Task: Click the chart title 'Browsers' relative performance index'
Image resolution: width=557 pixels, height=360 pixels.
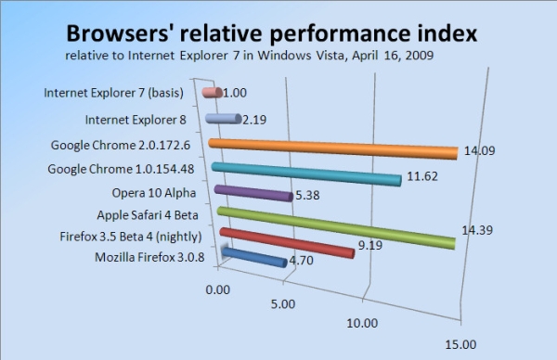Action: (x=270, y=34)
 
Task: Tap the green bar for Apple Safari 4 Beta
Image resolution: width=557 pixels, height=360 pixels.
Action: (x=334, y=228)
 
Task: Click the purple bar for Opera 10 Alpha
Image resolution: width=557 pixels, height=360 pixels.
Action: (x=251, y=194)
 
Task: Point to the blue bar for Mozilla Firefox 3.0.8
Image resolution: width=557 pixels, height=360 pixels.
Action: (x=253, y=257)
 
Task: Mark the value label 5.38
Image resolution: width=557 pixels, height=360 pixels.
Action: (x=306, y=196)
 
